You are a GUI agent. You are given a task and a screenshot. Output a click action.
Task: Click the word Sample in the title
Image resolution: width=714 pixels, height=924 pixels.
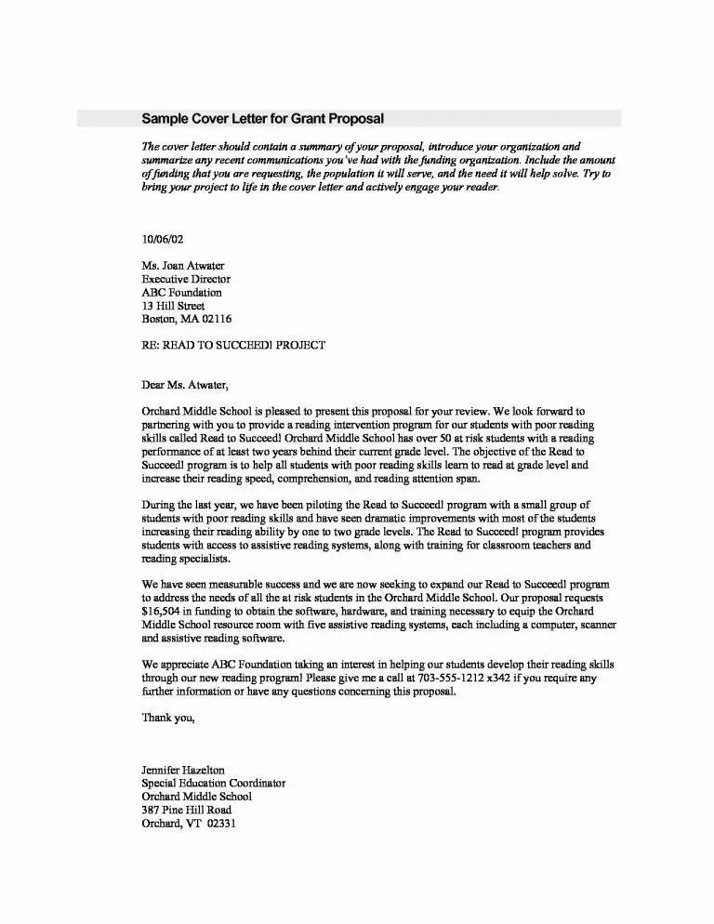click(x=165, y=118)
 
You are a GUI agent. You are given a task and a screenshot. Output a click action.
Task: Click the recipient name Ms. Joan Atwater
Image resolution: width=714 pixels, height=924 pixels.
click(x=182, y=265)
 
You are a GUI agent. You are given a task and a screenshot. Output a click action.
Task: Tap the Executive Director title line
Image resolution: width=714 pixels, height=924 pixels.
click(x=186, y=278)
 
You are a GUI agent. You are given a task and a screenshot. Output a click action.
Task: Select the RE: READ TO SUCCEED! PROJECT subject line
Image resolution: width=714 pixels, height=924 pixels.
click(x=233, y=344)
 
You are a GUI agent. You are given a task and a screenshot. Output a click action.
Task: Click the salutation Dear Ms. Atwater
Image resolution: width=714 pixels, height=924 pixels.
click(x=183, y=384)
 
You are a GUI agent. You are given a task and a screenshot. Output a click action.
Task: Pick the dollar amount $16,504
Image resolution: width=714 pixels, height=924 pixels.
click(x=164, y=614)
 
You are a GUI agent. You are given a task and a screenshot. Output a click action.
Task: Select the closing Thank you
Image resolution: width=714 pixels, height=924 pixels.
click(x=168, y=718)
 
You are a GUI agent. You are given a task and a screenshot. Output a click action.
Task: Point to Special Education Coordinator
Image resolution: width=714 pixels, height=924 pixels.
click(x=213, y=783)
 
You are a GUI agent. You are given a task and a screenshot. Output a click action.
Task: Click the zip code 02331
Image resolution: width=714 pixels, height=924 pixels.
click(x=222, y=823)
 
